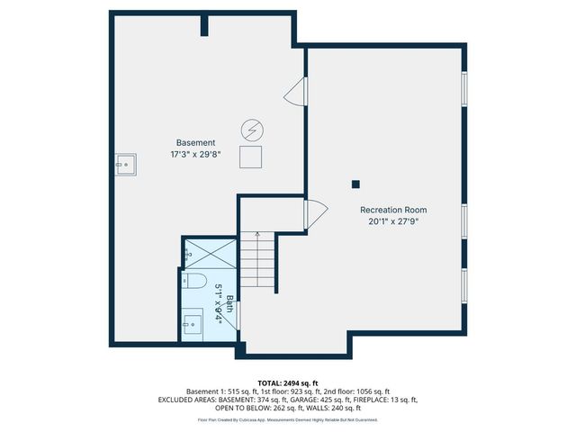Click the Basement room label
195,143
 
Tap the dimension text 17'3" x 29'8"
195,154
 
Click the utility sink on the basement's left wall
125,163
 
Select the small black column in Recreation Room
355,184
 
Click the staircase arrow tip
257,234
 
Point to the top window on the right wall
464,89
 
